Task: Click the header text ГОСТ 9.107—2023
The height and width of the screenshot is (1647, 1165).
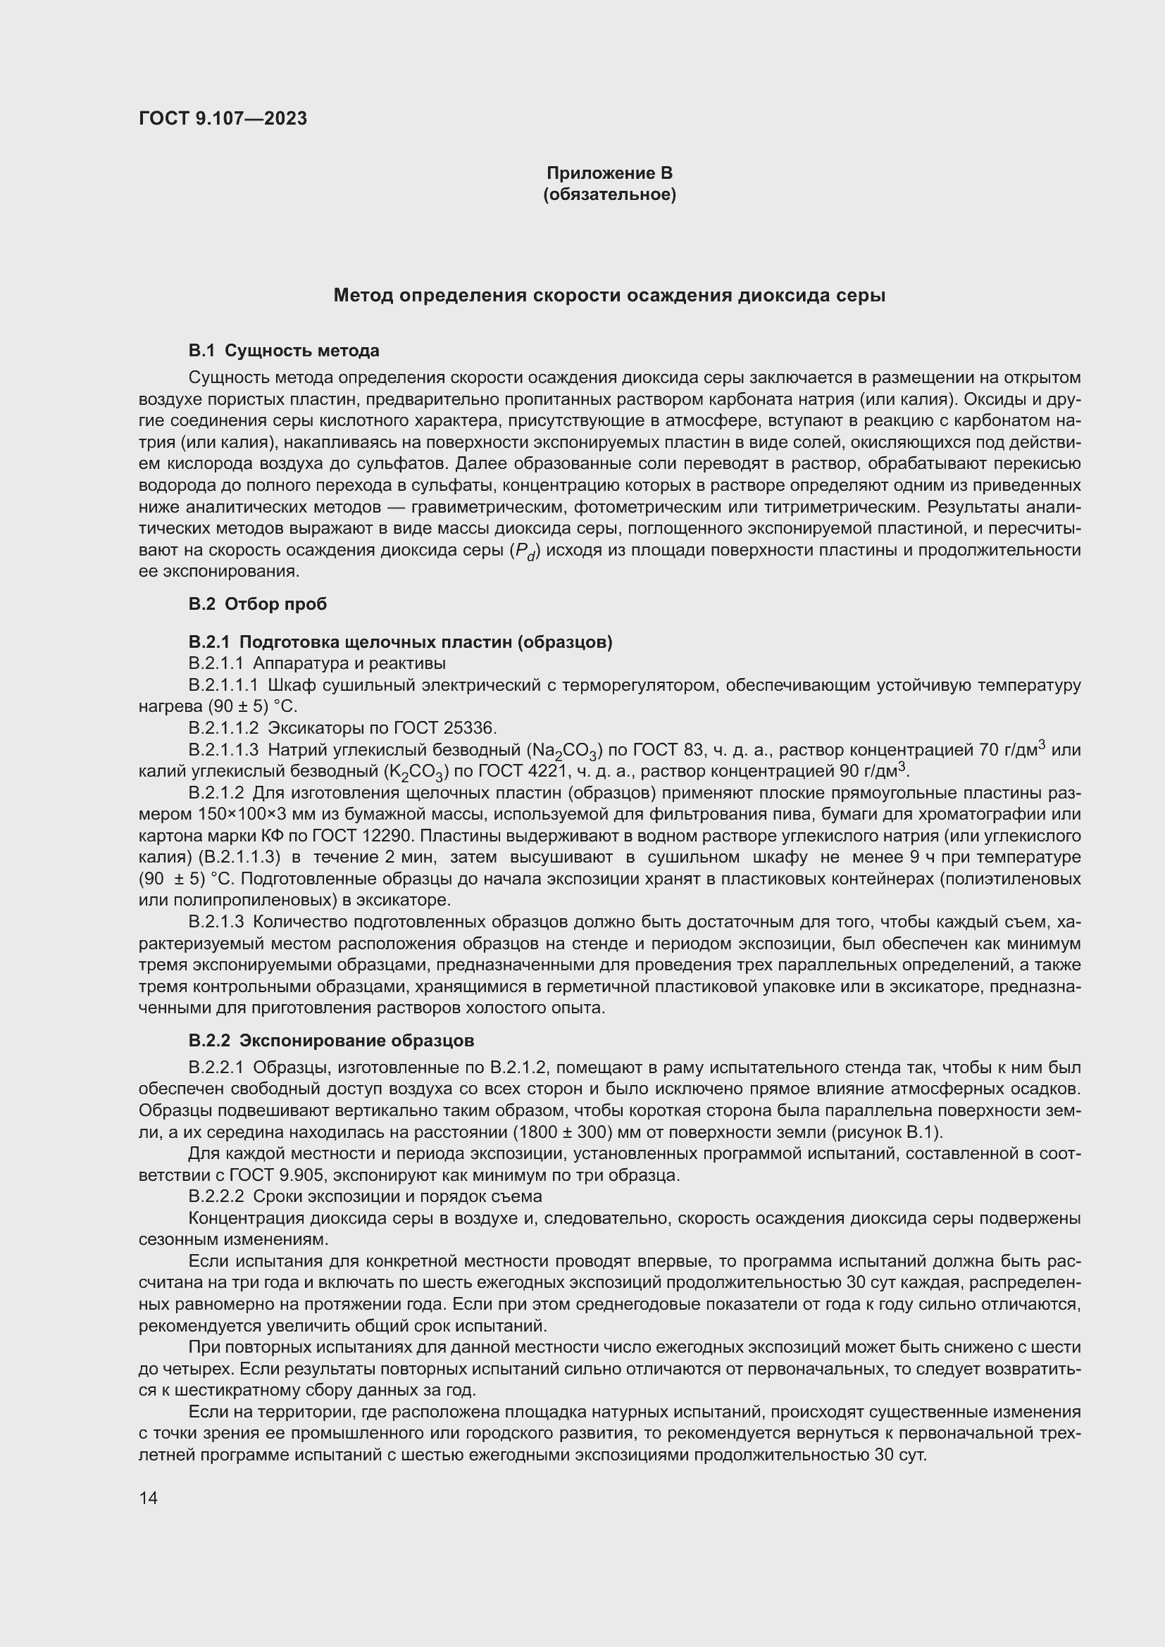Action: click(x=223, y=118)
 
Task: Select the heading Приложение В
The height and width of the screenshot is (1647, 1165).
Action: click(x=609, y=173)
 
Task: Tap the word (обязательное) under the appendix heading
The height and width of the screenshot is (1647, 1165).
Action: click(x=609, y=194)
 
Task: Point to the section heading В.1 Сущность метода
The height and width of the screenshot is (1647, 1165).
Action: click(x=283, y=351)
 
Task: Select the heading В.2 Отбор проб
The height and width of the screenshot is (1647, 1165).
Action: click(x=258, y=604)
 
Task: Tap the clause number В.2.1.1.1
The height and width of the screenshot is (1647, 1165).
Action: click(x=223, y=685)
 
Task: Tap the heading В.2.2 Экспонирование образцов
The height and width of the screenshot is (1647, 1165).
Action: click(x=331, y=1040)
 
